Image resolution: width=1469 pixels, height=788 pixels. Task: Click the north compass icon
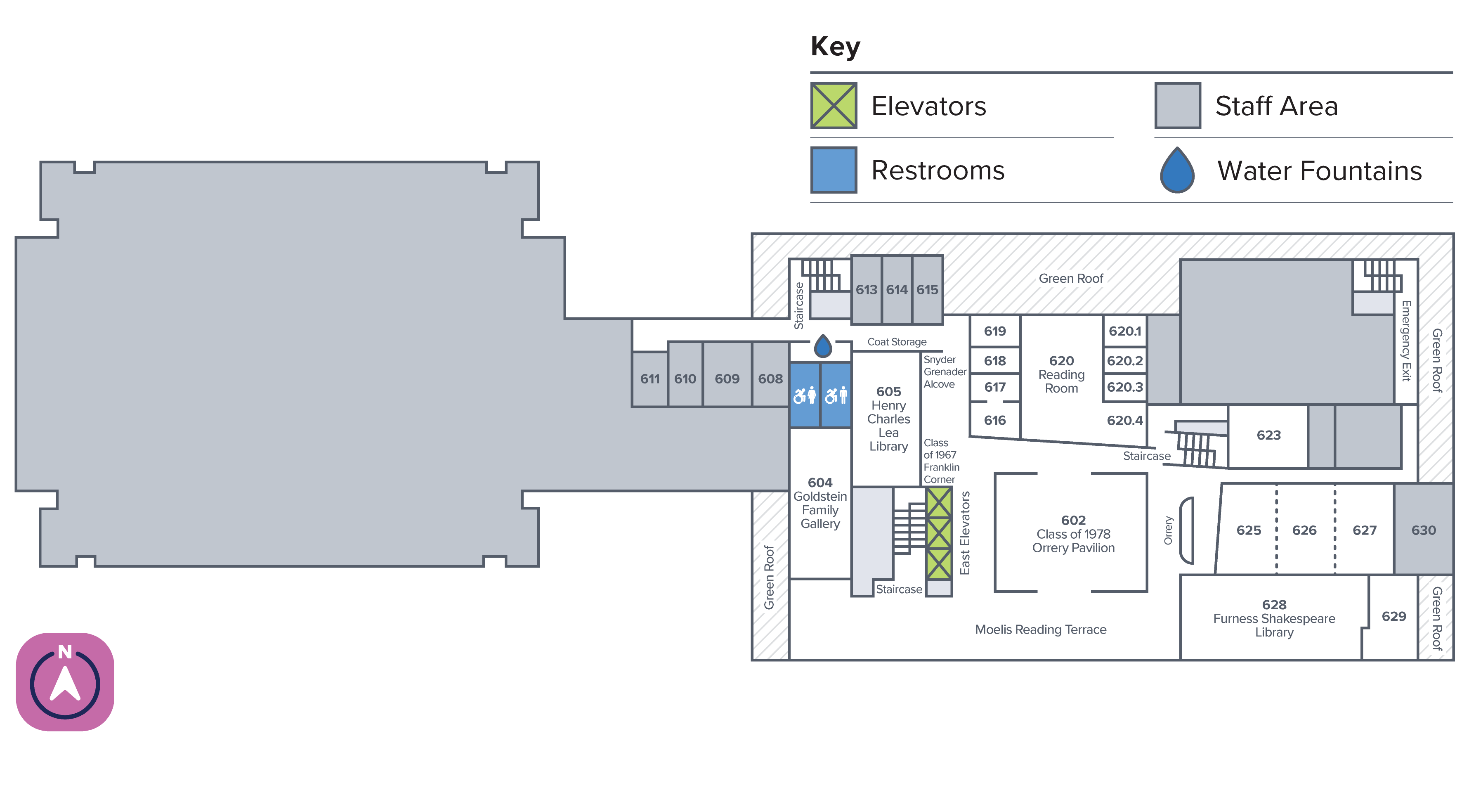pyautogui.click(x=65, y=682)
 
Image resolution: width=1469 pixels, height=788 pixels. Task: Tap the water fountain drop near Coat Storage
pyautogui.click(x=822, y=346)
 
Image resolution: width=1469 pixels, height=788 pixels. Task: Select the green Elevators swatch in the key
pyautogui.click(x=833, y=106)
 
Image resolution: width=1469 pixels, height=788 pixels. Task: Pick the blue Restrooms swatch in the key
pyautogui.click(x=833, y=170)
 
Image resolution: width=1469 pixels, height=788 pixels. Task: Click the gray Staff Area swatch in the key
pyautogui.click(x=1178, y=106)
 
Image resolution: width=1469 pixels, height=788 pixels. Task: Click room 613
pyautogui.click(x=866, y=290)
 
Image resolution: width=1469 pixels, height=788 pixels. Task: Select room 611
pyautogui.click(x=649, y=379)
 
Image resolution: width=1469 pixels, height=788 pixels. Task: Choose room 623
pyautogui.click(x=1268, y=435)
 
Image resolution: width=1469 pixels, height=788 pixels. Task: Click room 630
pyautogui.click(x=1423, y=530)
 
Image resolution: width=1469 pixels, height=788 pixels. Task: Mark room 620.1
pyautogui.click(x=1124, y=331)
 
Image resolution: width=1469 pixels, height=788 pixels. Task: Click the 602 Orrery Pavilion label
pyautogui.click(x=1073, y=534)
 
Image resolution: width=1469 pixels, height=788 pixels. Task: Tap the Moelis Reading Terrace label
pyautogui.click(x=1040, y=629)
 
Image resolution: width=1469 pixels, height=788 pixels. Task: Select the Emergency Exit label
pyautogui.click(x=1406, y=341)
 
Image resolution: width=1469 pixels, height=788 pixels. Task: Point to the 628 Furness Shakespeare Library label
pyautogui.click(x=1274, y=618)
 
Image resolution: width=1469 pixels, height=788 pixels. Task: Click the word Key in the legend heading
pyautogui.click(x=836, y=47)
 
